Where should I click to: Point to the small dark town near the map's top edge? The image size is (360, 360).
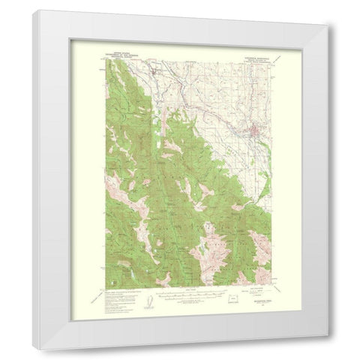pos(157,73)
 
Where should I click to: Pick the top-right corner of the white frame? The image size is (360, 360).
pos(327,25)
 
